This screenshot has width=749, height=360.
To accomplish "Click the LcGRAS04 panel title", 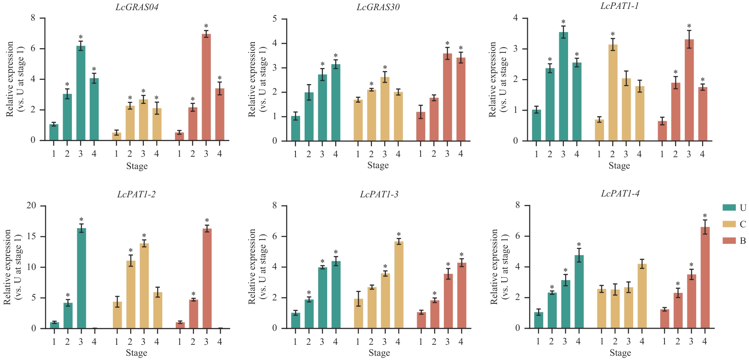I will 137,7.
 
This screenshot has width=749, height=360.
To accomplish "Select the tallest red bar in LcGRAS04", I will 206,87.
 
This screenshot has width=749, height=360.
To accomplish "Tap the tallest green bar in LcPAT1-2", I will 81,278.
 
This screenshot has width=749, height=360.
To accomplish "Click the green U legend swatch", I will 729,207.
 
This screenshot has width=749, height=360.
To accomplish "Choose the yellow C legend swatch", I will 729,224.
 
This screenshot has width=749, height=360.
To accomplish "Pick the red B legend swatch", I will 729,240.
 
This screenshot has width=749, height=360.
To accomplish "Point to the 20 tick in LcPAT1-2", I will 32,206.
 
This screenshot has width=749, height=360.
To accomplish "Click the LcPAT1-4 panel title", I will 620,194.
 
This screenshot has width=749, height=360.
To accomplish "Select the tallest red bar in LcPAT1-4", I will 705,278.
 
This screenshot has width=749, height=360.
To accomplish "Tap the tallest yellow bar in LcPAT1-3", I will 399,285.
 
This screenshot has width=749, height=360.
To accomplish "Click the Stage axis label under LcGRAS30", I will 378,165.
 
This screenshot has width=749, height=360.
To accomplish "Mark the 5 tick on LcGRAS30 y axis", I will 275,19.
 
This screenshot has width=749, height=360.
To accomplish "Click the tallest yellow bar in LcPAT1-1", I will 612,93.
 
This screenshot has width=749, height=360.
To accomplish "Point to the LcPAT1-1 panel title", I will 619,6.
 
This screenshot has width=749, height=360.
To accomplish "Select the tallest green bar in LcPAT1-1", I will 563,86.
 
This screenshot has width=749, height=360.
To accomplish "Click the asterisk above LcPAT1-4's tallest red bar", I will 705,216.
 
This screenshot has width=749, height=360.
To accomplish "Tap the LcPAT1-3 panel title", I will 379,194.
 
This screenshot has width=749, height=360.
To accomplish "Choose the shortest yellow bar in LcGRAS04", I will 117,136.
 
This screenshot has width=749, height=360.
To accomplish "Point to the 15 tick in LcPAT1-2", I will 32,237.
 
